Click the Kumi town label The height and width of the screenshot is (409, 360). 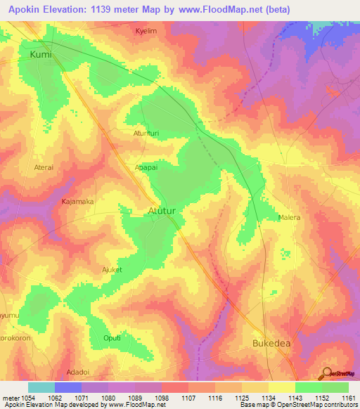point(41,53)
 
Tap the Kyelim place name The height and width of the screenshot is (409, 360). point(147,32)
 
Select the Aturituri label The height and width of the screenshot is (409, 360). point(148,132)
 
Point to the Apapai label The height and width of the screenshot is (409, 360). point(147,168)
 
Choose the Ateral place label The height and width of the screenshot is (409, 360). point(44,167)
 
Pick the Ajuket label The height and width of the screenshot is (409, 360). point(111,269)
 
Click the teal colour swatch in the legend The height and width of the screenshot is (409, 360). point(41,387)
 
